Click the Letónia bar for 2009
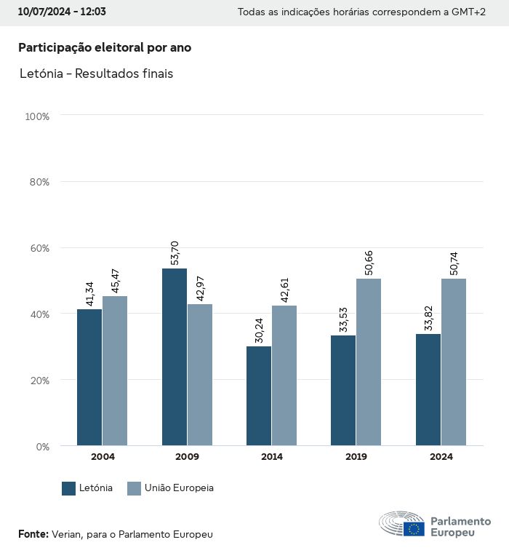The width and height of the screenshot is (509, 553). [x=175, y=357]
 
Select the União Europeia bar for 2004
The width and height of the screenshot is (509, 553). [x=115, y=370]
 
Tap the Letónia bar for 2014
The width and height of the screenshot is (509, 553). [x=259, y=396]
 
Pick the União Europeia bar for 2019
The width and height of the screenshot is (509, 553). [x=369, y=362]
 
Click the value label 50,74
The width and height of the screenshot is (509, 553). [x=454, y=263]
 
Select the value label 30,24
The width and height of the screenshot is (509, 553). [x=259, y=330]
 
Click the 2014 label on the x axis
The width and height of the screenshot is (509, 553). [x=272, y=457]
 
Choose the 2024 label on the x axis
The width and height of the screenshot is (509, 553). [x=441, y=457]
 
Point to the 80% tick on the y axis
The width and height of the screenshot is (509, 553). [x=38, y=182]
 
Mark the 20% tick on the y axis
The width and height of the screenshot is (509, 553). [x=38, y=380]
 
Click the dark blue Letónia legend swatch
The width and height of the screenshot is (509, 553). [x=69, y=488]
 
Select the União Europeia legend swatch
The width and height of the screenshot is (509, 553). [x=134, y=488]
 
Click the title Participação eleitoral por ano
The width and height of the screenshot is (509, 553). [x=105, y=47]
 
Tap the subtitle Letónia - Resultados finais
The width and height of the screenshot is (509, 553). [x=96, y=73]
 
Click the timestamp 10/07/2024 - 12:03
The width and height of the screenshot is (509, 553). [x=62, y=12]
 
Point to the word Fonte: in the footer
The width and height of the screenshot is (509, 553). [x=33, y=534]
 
